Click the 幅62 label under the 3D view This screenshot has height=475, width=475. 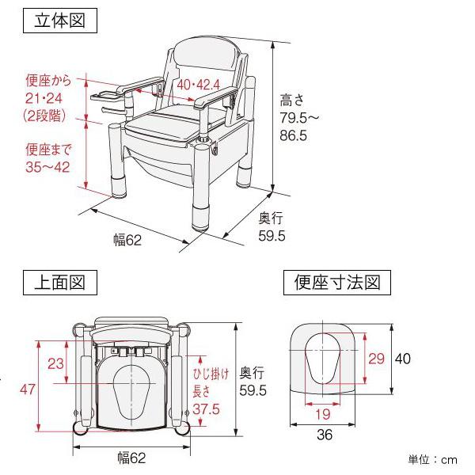pyautogui.click(x=127, y=240)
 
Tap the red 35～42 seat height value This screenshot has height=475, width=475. pyautogui.click(x=46, y=166)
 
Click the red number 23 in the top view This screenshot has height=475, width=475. pyautogui.click(x=55, y=363)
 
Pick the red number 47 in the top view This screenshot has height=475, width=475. pyautogui.click(x=28, y=389)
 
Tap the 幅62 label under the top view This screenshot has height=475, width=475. pyautogui.click(x=129, y=458)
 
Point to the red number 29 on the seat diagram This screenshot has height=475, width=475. pyautogui.click(x=376, y=359)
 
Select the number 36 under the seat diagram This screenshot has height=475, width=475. pyautogui.click(x=324, y=435)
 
